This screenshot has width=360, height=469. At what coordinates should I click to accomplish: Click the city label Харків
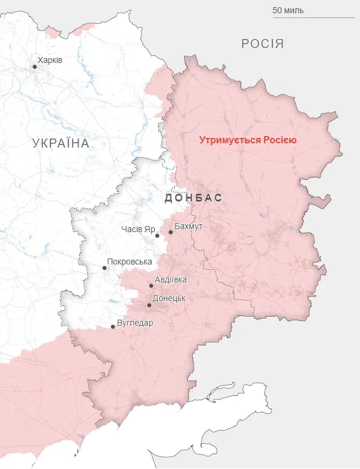coord(50,61)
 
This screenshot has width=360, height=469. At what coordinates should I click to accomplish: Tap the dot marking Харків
coord(35,67)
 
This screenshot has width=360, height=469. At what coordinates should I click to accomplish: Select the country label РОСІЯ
coord(262,44)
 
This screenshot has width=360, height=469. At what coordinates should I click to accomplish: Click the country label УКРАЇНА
coord(61,143)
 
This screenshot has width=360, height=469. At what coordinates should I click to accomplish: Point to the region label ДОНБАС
coord(193,198)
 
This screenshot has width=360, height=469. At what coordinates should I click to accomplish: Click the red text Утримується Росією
coord(248,140)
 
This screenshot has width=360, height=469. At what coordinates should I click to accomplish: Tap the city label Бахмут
coord(188,226)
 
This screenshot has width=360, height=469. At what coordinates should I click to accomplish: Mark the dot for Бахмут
coord(170,232)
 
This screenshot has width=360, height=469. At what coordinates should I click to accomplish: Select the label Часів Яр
coord(138,230)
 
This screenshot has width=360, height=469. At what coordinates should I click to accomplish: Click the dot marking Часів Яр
coord(158,236)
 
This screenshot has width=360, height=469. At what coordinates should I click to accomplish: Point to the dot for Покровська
coord(104,267)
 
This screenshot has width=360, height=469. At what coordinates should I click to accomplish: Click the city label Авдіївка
coord(170,280)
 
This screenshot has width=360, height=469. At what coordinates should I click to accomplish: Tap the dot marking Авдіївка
coord(151,285)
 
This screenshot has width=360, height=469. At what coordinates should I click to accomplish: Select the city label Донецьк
coord(169,298)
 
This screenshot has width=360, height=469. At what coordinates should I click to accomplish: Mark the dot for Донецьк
coord(149,305)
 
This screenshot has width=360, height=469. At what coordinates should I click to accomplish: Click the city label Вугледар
coord(135,323)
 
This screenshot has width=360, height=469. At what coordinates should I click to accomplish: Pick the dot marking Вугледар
coord(113,327)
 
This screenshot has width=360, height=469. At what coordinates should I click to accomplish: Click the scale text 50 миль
coord(288,10)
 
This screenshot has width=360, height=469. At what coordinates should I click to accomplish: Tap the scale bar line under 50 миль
coord(305,17)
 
